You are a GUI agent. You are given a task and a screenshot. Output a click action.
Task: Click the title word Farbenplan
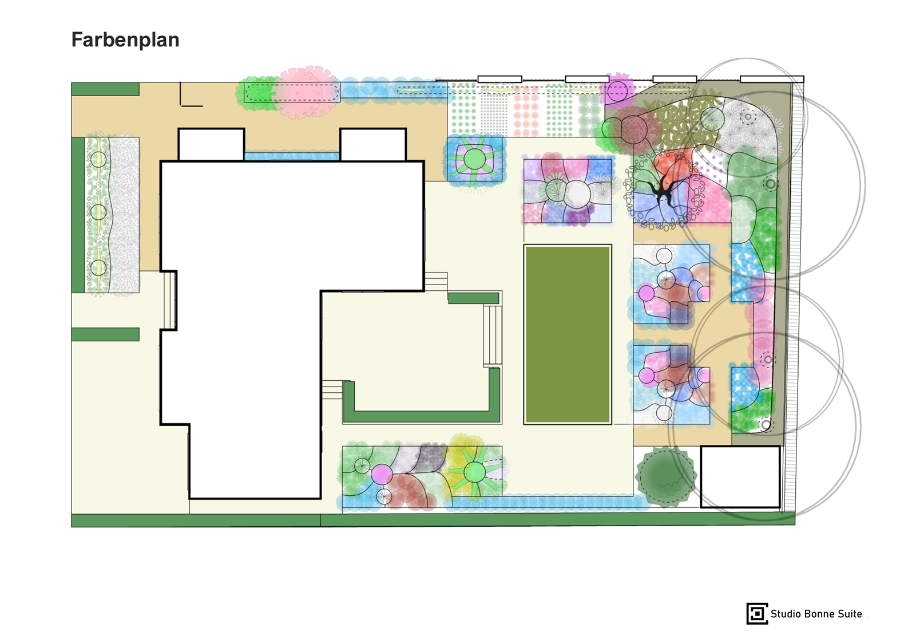click(125, 40)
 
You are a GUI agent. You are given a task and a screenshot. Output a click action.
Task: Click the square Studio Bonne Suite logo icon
click(757, 613)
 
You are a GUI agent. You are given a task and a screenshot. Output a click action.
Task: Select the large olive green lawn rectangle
click(568, 335)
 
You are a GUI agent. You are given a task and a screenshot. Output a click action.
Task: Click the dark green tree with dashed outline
click(665, 477)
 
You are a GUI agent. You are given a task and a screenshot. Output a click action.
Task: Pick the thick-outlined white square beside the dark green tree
click(740, 477)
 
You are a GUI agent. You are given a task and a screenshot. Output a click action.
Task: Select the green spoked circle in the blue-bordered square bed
click(474, 159)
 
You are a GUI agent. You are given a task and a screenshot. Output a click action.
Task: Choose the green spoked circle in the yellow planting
click(475, 472)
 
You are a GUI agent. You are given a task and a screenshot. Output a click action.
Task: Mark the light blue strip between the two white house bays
click(292, 156)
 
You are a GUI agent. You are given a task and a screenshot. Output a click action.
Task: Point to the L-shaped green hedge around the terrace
click(422, 416)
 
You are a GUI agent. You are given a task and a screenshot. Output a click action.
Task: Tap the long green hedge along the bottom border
click(433, 520)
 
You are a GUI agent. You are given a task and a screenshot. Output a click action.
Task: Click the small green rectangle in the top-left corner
click(105, 89)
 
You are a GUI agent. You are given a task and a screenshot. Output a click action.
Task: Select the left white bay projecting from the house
click(211, 145)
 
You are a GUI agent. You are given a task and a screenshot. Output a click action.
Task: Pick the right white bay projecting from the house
click(373, 145)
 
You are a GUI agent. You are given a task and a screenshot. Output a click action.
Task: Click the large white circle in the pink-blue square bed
click(577, 194)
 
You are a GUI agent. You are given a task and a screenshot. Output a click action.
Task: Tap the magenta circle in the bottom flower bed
click(382, 474)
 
